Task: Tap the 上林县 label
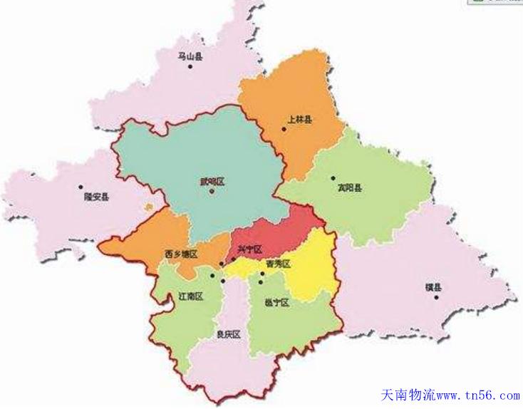[299, 120]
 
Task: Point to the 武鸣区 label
[212, 182]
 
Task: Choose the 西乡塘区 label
[180, 254]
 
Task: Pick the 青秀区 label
[278, 264]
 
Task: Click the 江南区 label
[191, 296]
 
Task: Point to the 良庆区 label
[228, 334]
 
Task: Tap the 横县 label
[433, 287]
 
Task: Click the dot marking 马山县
[190, 66]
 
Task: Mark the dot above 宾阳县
[333, 178]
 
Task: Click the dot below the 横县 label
[436, 297]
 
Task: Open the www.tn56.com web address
[477, 395]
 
